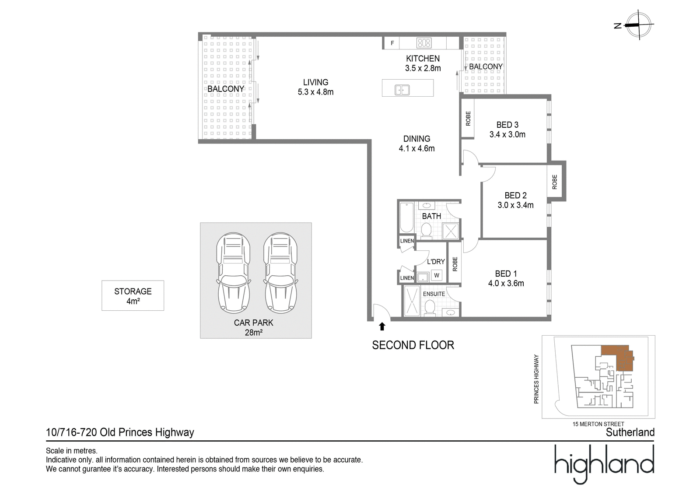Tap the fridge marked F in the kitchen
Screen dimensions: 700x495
click(x=392, y=43)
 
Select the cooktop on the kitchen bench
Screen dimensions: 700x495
click(x=424, y=43)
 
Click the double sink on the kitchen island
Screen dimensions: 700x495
click(x=402, y=90)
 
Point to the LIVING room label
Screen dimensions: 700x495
click(x=315, y=82)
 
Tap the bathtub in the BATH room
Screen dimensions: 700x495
click(x=406, y=218)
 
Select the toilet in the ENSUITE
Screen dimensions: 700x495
click(x=430, y=308)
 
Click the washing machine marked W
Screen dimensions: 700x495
click(x=437, y=275)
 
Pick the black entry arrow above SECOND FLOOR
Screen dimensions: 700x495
click(x=382, y=326)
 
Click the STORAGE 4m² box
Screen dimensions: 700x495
click(x=133, y=295)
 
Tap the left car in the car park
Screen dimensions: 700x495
click(x=233, y=273)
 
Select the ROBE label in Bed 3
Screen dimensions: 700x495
click(x=468, y=119)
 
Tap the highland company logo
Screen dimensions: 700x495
click(x=604, y=464)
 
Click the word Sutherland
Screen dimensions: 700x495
click(x=630, y=432)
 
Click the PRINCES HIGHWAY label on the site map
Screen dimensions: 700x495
click(x=536, y=379)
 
